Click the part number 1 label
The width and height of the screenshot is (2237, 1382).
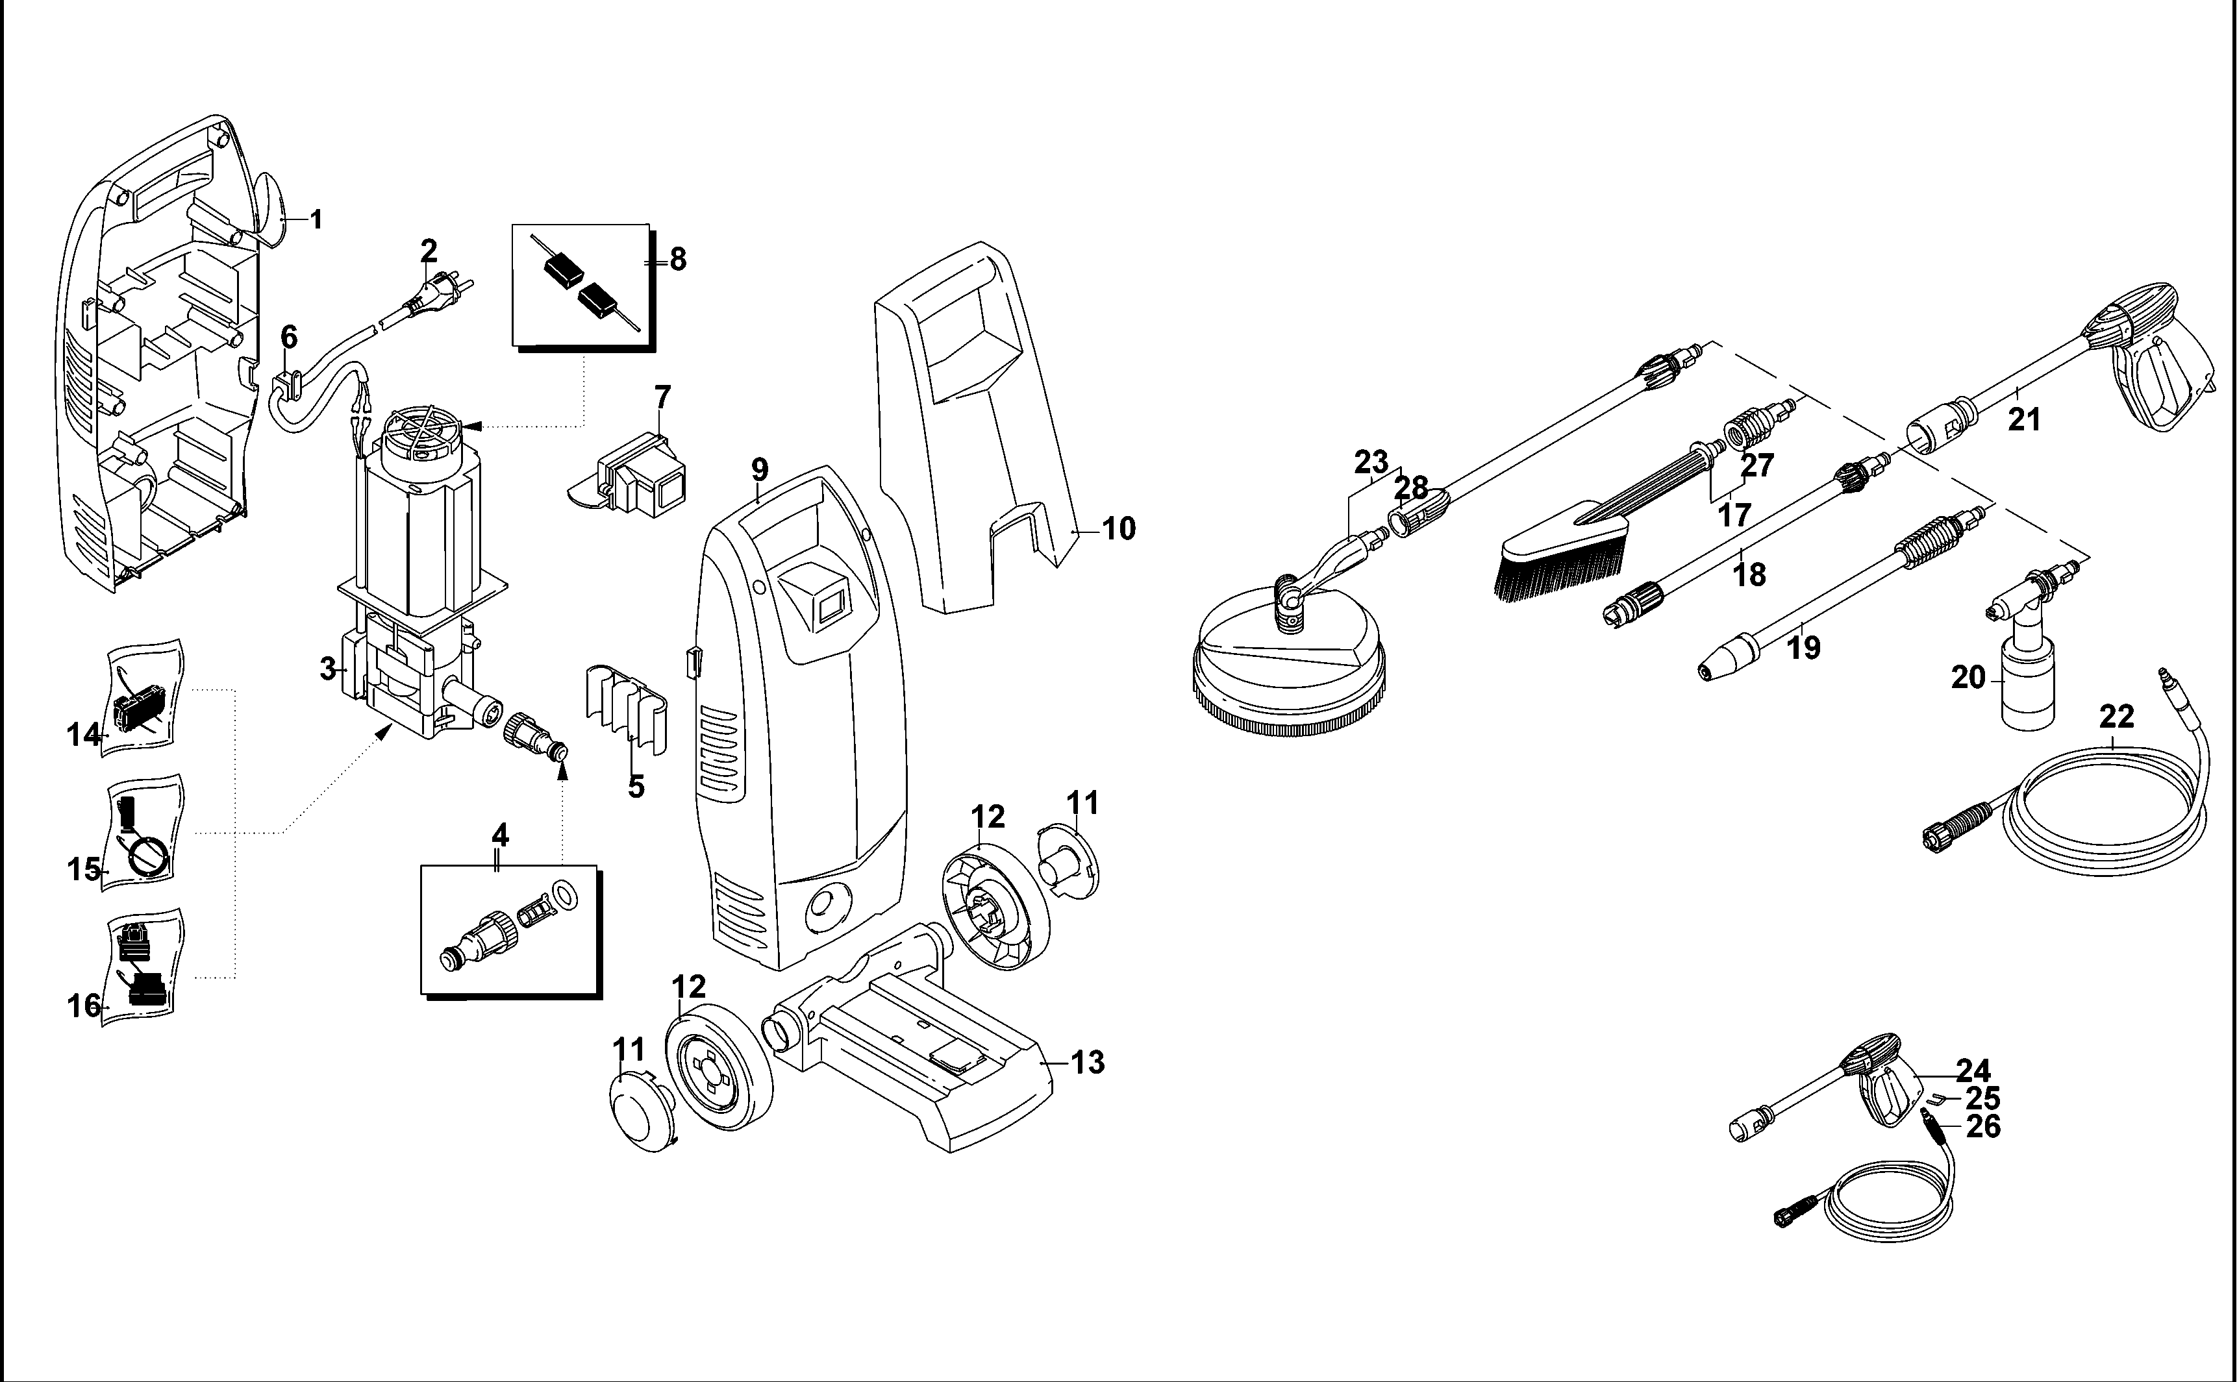(x=316, y=219)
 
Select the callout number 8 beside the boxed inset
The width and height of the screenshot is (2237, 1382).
(x=677, y=260)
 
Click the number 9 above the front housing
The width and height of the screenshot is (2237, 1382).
(x=760, y=470)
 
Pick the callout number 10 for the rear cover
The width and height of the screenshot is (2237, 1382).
(x=1119, y=528)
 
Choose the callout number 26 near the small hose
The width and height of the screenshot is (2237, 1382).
(x=1983, y=1126)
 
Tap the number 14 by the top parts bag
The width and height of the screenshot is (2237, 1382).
(x=83, y=734)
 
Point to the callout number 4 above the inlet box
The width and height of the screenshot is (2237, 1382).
(x=499, y=835)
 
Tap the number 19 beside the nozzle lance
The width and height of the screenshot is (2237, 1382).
(x=1804, y=647)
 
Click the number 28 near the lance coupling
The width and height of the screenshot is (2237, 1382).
(x=1412, y=488)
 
